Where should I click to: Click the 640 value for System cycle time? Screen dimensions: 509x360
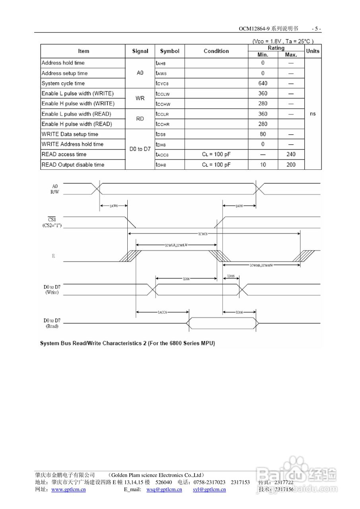(263, 84)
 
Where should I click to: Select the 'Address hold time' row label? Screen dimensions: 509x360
(63, 63)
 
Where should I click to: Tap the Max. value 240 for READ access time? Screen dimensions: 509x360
(291, 154)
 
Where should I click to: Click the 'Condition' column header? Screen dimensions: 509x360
(216, 51)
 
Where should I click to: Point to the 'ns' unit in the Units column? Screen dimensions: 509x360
(313, 114)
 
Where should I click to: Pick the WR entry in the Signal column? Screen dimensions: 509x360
(140, 98)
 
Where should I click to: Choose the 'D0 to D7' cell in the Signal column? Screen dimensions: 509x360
(140, 149)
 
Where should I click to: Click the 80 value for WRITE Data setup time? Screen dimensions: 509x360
(263, 134)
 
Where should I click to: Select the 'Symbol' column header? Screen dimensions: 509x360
(169, 51)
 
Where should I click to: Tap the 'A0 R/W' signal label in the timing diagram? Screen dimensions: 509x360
(54, 188)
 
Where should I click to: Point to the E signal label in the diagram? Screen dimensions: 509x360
(53, 256)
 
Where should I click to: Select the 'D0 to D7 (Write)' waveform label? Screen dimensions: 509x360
(52, 289)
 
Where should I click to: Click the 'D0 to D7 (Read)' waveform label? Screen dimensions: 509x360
(52, 323)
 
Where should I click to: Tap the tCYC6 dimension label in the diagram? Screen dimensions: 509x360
(202, 234)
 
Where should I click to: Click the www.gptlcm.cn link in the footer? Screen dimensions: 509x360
(69, 490)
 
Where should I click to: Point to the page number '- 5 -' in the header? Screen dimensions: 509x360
(316, 29)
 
